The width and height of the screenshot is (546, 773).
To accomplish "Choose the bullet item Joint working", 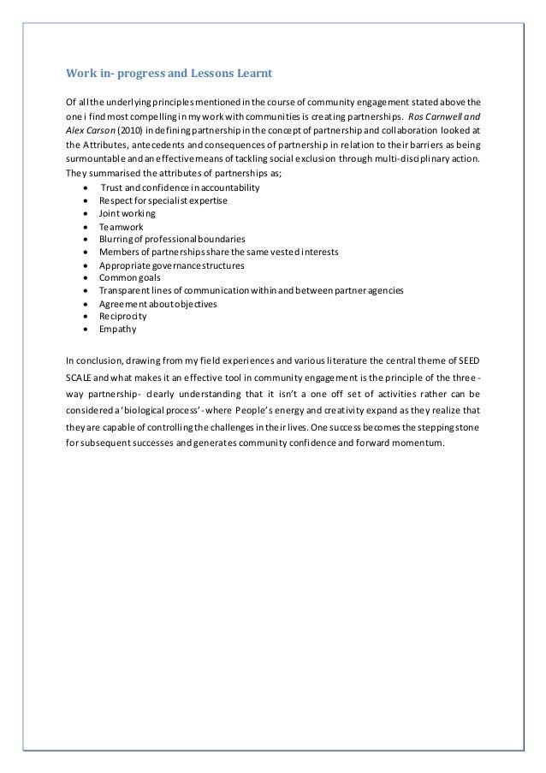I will click(128, 213).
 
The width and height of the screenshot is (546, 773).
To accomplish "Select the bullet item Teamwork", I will click(122, 226).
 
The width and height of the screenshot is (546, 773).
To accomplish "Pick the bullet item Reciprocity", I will click(123, 316).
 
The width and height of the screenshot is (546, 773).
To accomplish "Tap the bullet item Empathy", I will click(118, 329).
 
